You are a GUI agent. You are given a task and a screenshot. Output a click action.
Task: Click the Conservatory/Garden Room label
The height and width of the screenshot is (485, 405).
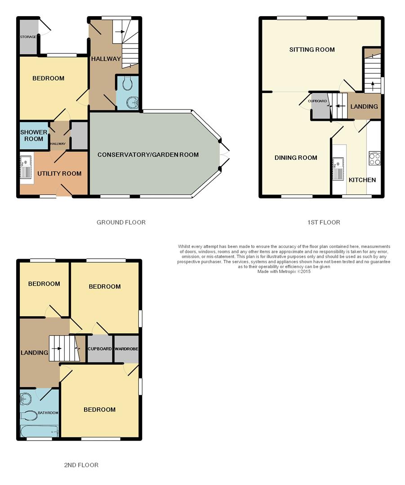coord(148,154)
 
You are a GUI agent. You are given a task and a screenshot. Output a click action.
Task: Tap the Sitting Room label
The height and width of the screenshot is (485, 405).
coord(312,49)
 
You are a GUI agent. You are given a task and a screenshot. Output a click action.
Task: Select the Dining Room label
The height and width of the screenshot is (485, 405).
coord(296,158)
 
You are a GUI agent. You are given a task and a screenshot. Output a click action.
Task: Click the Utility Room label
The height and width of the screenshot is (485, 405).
coord(59,173)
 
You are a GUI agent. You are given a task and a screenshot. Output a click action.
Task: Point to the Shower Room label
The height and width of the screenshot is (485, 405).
coord(34,136)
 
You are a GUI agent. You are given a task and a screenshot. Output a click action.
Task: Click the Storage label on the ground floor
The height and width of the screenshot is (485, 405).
coord(28,37)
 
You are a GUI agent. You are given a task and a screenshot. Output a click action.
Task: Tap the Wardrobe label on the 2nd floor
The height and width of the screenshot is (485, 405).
coord(126,349)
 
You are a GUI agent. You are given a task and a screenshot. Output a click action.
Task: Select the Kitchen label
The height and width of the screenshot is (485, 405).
coord(362,180)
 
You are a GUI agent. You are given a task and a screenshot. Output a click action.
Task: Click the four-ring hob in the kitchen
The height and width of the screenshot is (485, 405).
coord(374,159)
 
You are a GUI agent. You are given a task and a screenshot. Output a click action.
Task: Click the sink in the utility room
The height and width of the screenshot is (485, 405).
coord(26,168)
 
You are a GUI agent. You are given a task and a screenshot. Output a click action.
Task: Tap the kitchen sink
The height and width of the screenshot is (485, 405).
coord(338,169)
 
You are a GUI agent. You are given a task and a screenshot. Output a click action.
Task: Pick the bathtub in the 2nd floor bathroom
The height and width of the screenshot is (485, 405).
coord(39,431)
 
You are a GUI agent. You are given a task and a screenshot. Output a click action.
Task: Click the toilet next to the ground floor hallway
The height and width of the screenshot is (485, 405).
coord(127,83)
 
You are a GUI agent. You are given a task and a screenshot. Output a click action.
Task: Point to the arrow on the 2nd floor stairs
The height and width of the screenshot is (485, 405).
coord(56,348)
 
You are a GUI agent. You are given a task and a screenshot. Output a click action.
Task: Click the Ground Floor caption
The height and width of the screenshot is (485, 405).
coord(121,222)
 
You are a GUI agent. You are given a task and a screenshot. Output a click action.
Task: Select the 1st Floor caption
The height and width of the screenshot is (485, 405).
coord(324,222)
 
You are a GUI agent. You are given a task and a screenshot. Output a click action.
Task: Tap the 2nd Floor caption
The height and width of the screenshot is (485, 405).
coord(81,465)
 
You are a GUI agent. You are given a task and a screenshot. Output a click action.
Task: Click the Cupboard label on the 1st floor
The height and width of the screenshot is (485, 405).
coord(317,101)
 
